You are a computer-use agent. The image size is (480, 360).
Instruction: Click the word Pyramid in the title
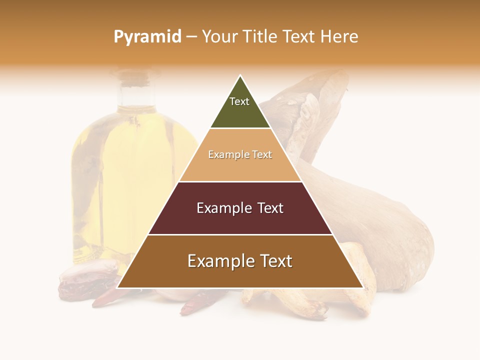tap(147, 37)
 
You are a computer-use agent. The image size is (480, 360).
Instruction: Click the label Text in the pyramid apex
tap(239, 101)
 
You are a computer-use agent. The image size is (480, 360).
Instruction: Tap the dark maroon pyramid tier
tap(240, 220)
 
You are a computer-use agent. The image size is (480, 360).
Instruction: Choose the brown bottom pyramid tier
tap(240, 275)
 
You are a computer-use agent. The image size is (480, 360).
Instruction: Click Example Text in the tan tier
tap(240, 155)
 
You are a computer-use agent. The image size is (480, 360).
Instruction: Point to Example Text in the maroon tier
tap(240, 208)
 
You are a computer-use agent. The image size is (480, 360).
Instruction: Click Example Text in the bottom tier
tap(240, 261)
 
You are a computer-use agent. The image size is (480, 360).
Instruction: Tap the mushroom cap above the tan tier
tap(305, 100)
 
